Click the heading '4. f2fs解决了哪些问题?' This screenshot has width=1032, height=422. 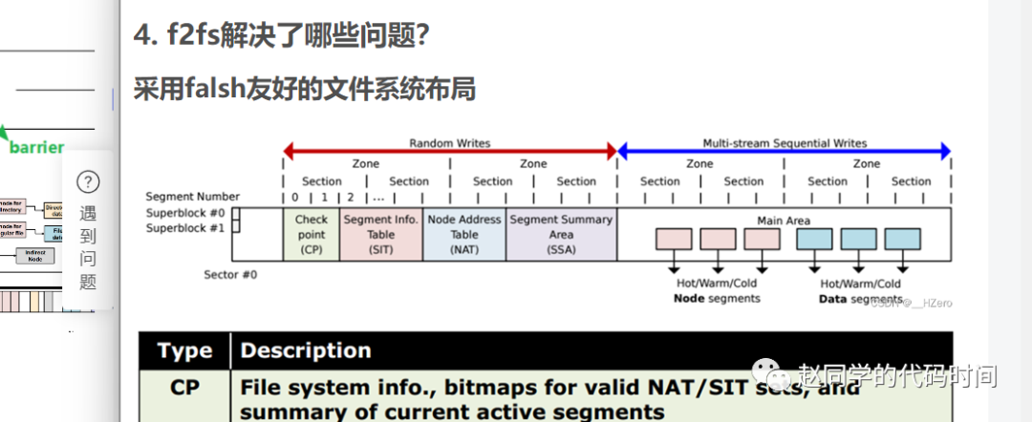[281, 35]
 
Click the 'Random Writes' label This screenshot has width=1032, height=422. [449, 143]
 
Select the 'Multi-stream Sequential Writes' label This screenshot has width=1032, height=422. [785, 143]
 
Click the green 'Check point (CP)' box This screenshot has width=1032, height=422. [312, 234]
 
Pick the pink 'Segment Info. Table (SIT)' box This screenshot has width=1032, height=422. [380, 234]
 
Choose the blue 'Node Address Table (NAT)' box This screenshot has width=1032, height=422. [464, 234]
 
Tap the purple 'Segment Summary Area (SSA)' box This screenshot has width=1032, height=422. [561, 234]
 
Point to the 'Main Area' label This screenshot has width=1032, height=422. [784, 221]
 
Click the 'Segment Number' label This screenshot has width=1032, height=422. [193, 197]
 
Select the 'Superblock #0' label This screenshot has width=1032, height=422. [185, 213]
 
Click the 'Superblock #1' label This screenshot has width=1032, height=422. [185, 228]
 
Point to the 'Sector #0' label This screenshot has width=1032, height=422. [230, 275]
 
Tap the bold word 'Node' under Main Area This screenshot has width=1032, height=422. [688, 299]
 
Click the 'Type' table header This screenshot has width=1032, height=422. [184, 350]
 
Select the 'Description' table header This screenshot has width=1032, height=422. [306, 350]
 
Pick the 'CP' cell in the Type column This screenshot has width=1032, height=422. [184, 389]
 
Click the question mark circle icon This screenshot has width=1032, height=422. [88, 181]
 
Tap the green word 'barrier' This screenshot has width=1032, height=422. [36, 147]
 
